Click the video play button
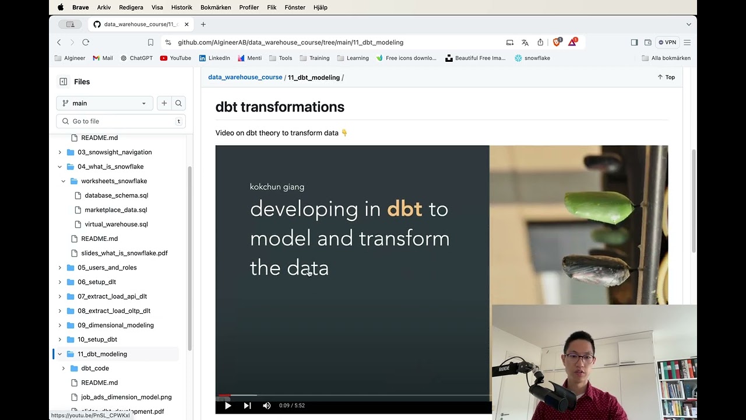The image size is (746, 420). coord(228,405)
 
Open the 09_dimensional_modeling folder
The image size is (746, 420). coord(115,325)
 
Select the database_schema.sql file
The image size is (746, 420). coord(116,195)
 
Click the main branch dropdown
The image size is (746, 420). coord(104,103)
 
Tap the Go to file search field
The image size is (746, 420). coord(121,121)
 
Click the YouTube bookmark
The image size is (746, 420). coord(175,58)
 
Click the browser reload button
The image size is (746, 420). coord(86,43)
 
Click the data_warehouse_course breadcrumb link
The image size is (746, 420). coord(245,77)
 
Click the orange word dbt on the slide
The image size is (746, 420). coord(404,209)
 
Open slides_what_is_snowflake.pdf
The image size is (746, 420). coord(124,253)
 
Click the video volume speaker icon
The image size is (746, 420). coord(266,405)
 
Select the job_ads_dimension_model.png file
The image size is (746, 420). coord(126,397)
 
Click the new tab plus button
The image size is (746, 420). coord(203,24)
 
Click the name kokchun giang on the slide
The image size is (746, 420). coord(277,187)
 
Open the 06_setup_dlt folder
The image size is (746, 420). coord(97,282)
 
